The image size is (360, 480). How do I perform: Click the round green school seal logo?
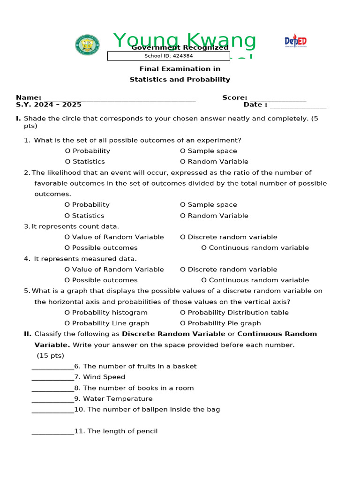click(x=87, y=45)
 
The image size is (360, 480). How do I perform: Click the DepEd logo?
click(x=295, y=41)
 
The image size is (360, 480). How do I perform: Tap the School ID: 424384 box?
click(x=168, y=56)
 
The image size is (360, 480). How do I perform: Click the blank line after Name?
click(x=119, y=98)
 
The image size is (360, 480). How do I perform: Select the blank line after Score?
click(x=277, y=98)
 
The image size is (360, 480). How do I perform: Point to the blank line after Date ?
click(x=298, y=105)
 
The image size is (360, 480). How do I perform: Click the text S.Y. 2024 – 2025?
click(x=49, y=105)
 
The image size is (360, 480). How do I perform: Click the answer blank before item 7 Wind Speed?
click(x=52, y=378)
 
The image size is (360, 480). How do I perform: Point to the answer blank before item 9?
click(x=52, y=399)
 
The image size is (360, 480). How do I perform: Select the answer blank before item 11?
click(x=52, y=432)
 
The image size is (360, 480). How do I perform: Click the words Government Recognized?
click(x=180, y=48)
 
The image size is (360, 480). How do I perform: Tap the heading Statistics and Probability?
click(x=180, y=80)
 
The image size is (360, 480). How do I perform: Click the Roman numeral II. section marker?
click(x=28, y=334)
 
